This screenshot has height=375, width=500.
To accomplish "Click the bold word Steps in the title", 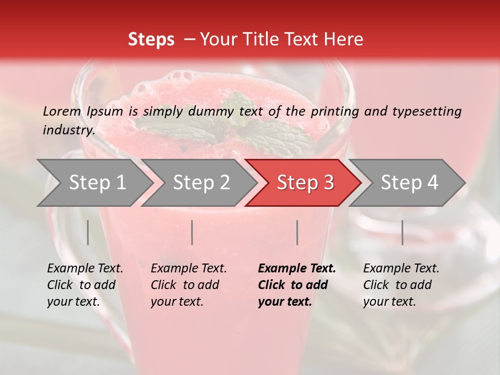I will pyautogui.click(x=151, y=40).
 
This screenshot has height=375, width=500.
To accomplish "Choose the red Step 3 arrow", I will pyautogui.click(x=305, y=183).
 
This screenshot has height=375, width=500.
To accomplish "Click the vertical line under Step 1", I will pyautogui.click(x=88, y=232).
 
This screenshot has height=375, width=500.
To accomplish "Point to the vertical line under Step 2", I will pyautogui.click(x=192, y=232).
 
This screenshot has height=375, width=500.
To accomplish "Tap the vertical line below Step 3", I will pyautogui.click(x=297, y=232).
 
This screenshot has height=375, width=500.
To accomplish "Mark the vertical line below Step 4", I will pyautogui.click(x=402, y=232).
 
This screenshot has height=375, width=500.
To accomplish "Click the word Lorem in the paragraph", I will pyautogui.click(x=61, y=111).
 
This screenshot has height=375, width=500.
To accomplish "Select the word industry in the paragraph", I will pyautogui.click(x=68, y=130).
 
